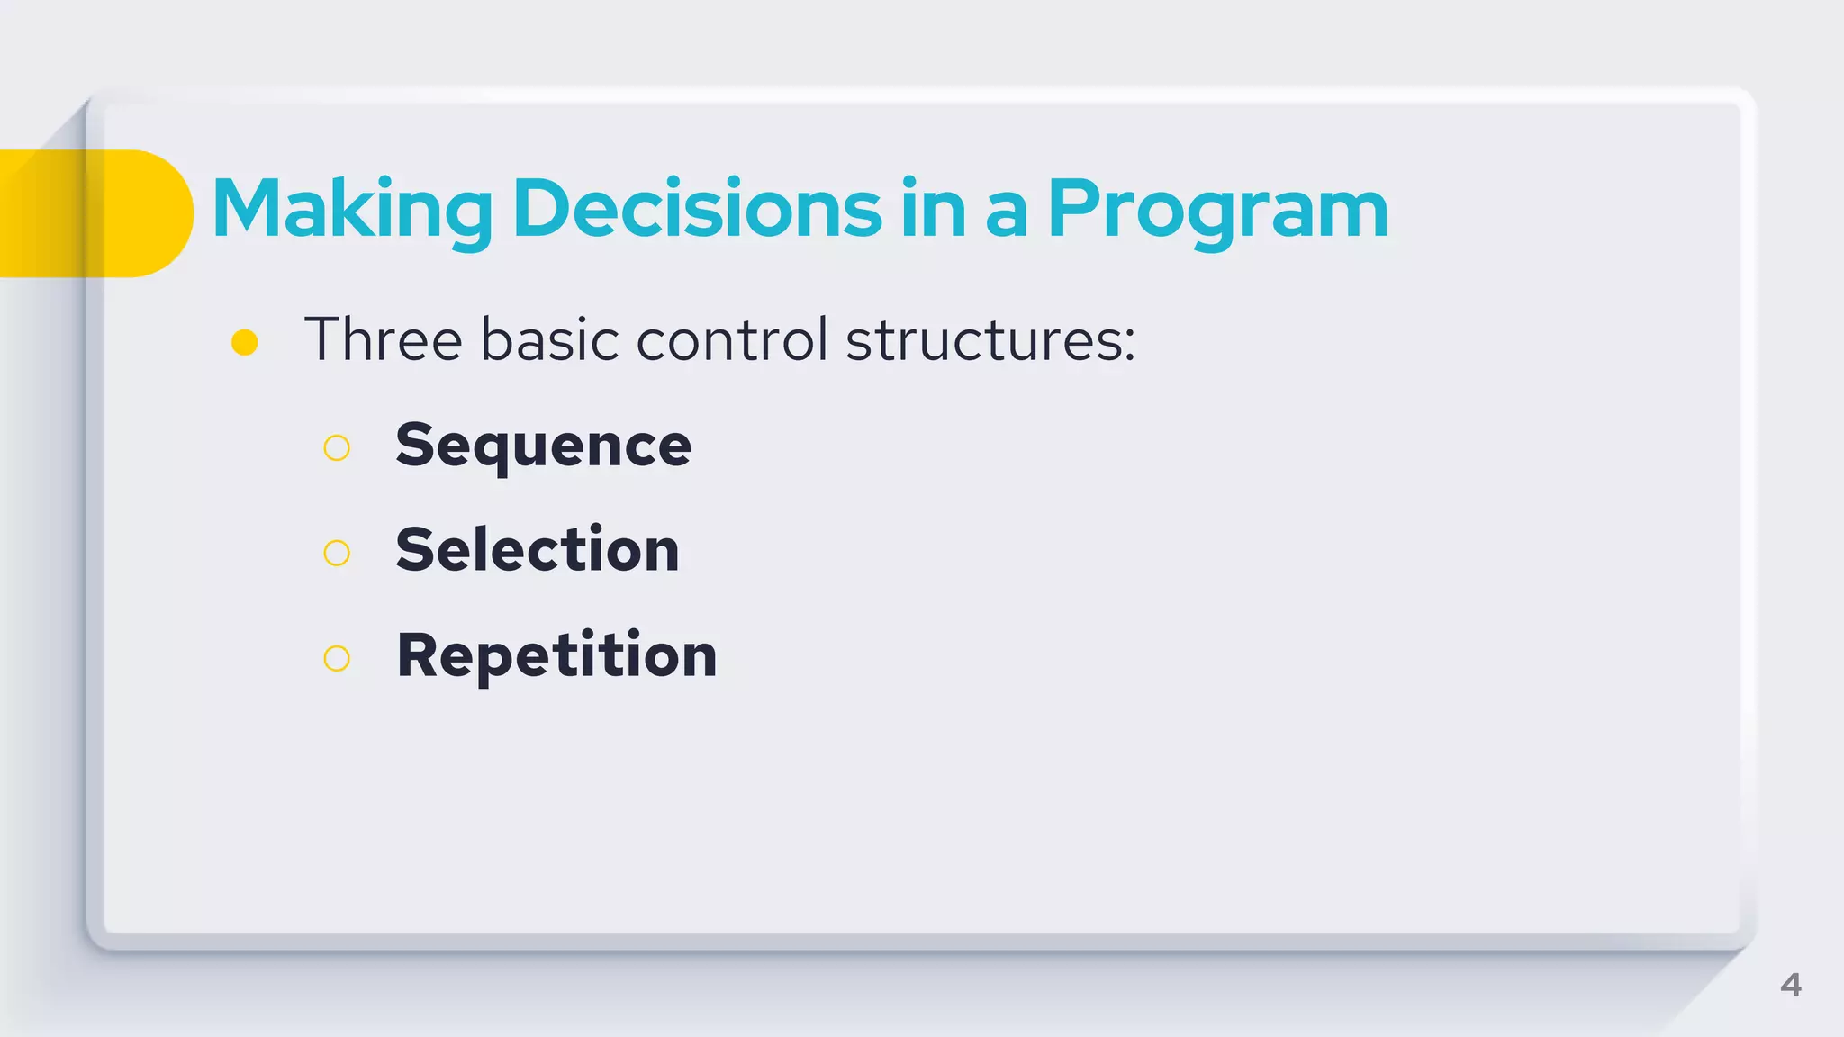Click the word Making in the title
351,209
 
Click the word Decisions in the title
697,209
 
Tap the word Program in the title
1217,209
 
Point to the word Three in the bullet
384,340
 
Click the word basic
549,340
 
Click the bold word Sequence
543,446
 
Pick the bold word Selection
538,550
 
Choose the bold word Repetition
556,655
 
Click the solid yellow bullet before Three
245,343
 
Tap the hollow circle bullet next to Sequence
337,447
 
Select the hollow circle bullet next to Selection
337,553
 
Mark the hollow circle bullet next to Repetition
337,658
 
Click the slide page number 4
1790,985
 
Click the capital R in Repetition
419,654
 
